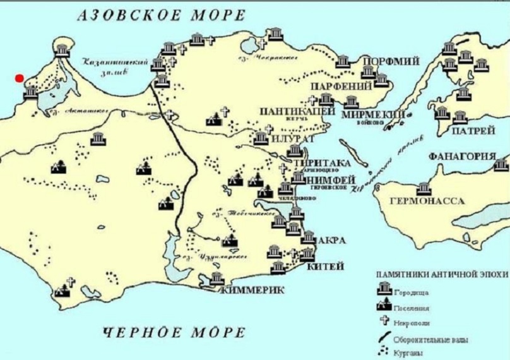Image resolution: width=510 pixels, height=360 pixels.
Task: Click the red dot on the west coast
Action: coord(20,78)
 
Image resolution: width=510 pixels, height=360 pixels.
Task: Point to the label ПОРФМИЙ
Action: coord(398,61)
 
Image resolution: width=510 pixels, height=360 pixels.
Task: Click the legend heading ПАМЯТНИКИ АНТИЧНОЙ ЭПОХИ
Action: coord(441,275)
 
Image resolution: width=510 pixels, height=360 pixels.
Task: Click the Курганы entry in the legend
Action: coord(408,352)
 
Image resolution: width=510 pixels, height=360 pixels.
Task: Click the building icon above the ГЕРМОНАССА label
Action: coord(424,188)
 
